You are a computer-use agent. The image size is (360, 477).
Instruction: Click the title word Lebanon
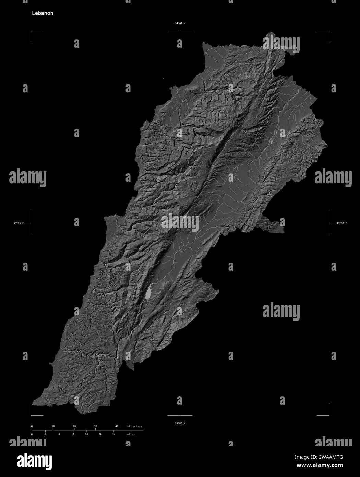click(x=43, y=14)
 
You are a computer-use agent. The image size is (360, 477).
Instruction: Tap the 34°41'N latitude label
click(x=180, y=23)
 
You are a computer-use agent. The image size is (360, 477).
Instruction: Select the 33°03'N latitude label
click(x=180, y=423)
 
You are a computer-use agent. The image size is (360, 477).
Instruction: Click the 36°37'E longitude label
click(x=341, y=223)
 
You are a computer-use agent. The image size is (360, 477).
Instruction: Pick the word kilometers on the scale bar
click(x=134, y=426)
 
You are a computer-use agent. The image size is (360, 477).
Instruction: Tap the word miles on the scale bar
click(x=131, y=434)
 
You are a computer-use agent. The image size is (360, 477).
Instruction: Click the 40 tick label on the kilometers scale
click(x=117, y=426)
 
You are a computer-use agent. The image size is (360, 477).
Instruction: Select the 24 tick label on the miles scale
click(x=114, y=434)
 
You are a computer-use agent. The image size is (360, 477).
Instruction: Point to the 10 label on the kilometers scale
click(x=53, y=426)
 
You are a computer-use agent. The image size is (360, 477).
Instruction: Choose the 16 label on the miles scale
click(x=86, y=434)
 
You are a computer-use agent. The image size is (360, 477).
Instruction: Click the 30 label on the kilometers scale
click(x=95, y=426)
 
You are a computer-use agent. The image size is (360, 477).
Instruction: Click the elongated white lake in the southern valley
click(x=149, y=294)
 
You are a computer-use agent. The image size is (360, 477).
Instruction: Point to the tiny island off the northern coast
click(x=164, y=79)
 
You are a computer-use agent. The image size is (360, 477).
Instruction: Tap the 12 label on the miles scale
click(x=73, y=434)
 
